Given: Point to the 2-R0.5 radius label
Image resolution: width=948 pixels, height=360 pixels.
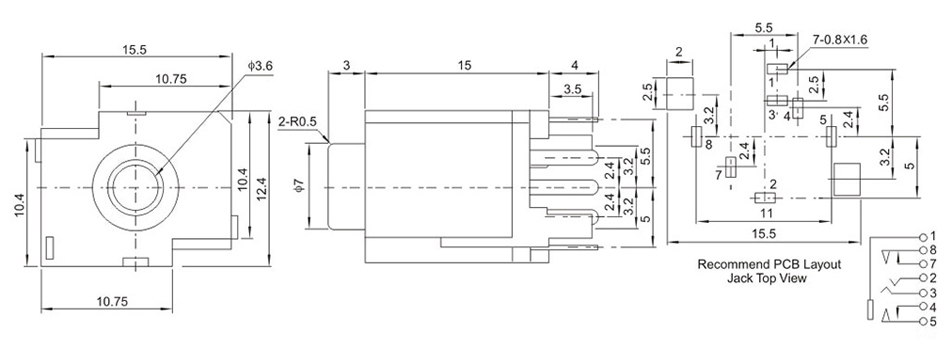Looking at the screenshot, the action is point(297,122).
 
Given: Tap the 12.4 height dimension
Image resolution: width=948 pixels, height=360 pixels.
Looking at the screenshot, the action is point(262,188).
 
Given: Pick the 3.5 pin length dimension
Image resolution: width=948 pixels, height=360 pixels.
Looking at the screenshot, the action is point(573,88).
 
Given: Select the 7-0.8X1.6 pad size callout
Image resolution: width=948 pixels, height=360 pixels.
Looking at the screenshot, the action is point(840,39).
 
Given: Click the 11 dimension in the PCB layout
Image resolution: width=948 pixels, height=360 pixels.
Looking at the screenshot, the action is point(766,213).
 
